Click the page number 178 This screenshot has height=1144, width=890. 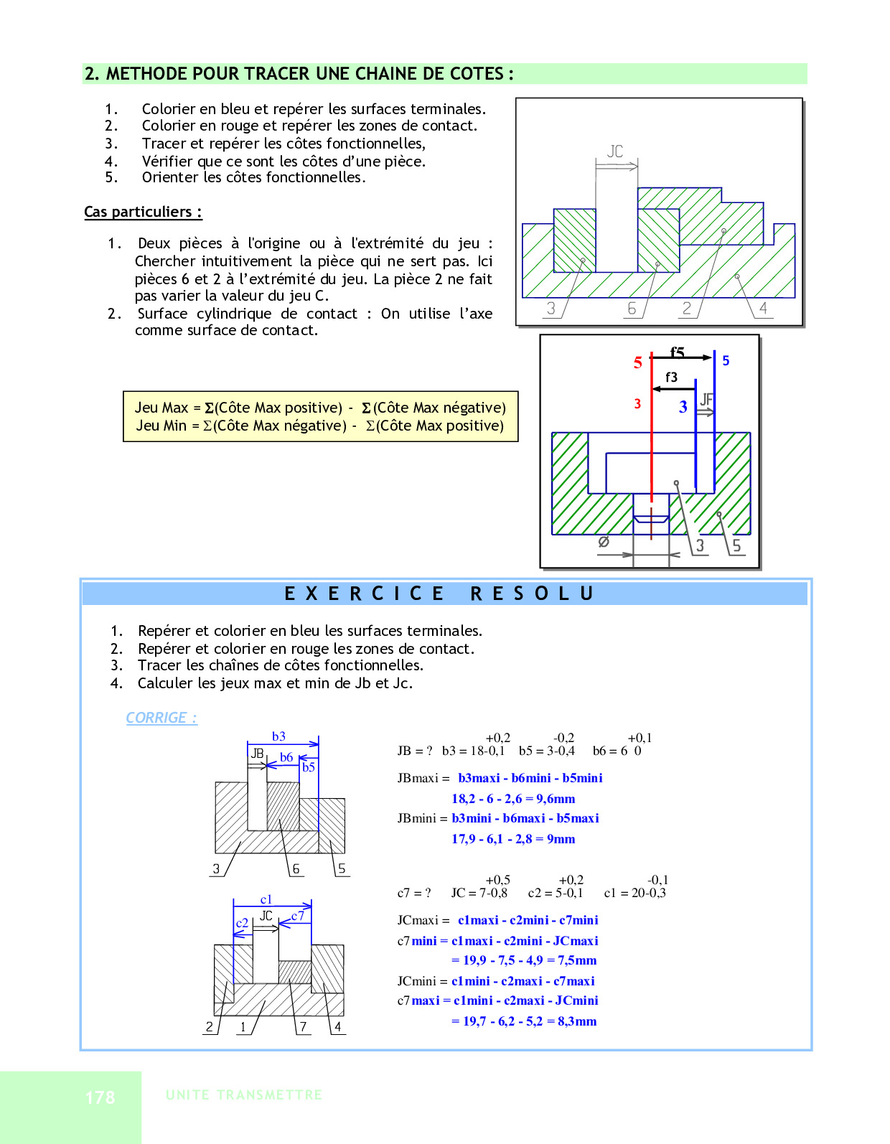(x=100, y=1097)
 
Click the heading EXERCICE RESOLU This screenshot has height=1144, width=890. (x=439, y=594)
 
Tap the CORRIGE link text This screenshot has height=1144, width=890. (x=161, y=718)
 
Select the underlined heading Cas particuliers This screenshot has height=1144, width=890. (x=143, y=212)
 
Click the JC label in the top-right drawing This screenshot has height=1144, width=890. (x=615, y=151)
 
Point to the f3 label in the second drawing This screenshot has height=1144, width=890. (x=671, y=377)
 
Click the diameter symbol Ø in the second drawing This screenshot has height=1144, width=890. (x=604, y=542)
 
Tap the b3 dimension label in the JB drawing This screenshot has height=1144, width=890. (x=278, y=736)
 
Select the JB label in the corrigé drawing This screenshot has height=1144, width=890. (x=257, y=754)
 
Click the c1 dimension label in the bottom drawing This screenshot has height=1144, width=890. (x=266, y=899)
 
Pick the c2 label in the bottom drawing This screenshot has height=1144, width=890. (x=242, y=923)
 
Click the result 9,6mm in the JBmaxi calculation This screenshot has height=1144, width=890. (x=556, y=799)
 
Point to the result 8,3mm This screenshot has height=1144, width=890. (x=577, y=1021)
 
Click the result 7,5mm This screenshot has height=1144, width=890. (x=577, y=960)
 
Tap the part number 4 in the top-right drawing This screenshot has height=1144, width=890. (x=763, y=308)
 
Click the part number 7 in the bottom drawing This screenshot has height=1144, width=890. (x=303, y=1027)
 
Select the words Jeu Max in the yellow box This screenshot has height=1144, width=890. (x=161, y=408)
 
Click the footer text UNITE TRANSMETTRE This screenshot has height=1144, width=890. (x=243, y=1095)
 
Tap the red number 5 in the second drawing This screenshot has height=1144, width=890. (x=637, y=362)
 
